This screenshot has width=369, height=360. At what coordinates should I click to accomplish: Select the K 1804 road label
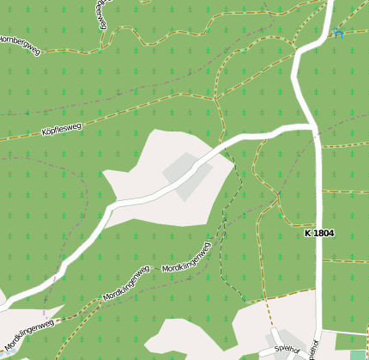pos(318,233)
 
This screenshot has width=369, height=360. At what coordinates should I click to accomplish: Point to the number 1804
pos(324,233)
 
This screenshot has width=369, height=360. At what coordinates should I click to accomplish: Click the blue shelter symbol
pos(337,33)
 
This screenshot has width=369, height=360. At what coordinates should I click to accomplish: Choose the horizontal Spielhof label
pos(286,349)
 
